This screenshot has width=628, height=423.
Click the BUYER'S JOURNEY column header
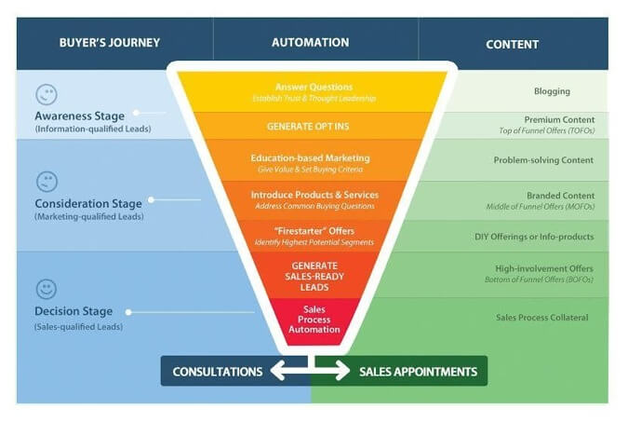point(110,43)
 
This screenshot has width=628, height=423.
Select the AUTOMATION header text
point(311,43)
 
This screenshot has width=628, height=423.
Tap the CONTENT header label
point(513,45)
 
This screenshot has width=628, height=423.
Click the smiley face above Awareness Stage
point(47,95)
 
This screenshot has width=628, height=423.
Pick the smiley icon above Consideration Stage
point(47,182)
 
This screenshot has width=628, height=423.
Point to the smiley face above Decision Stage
point(47,289)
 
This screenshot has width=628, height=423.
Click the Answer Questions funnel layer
point(313,92)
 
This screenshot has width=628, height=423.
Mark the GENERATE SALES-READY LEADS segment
point(314,275)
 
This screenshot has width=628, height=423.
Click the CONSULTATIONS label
point(218,372)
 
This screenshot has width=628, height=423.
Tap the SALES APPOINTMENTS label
point(418,372)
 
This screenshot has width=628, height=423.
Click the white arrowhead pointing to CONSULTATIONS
point(278,370)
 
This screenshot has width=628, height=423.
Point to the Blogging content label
point(552,91)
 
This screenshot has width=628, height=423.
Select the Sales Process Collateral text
point(542,318)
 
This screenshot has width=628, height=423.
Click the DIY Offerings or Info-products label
point(534,237)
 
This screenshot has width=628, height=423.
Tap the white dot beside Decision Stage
point(128,312)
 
